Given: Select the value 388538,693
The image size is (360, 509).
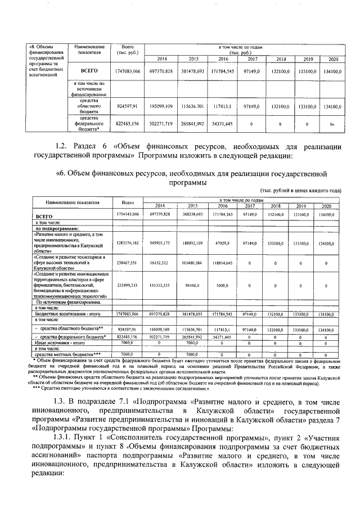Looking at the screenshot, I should click(x=193, y=215).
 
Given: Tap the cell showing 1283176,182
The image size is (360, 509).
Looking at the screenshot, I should click(x=127, y=243).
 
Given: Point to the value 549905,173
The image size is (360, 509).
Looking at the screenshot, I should click(x=161, y=243).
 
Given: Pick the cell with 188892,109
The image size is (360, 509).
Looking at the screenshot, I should click(x=193, y=243).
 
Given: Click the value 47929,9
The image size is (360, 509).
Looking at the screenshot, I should click(x=223, y=243).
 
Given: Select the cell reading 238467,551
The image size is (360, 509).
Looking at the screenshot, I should click(x=127, y=262).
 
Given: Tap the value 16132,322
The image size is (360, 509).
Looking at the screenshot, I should click(x=161, y=262).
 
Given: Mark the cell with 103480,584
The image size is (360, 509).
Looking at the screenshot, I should click(x=193, y=262).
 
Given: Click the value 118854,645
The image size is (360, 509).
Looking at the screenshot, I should click(x=223, y=262).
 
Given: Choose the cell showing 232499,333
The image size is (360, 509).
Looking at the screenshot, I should click(x=127, y=285).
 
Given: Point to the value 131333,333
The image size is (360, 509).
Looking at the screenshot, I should click(x=161, y=285).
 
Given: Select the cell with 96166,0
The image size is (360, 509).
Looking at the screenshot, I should click(x=193, y=285).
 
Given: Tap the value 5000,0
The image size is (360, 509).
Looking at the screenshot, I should click(x=223, y=285).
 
